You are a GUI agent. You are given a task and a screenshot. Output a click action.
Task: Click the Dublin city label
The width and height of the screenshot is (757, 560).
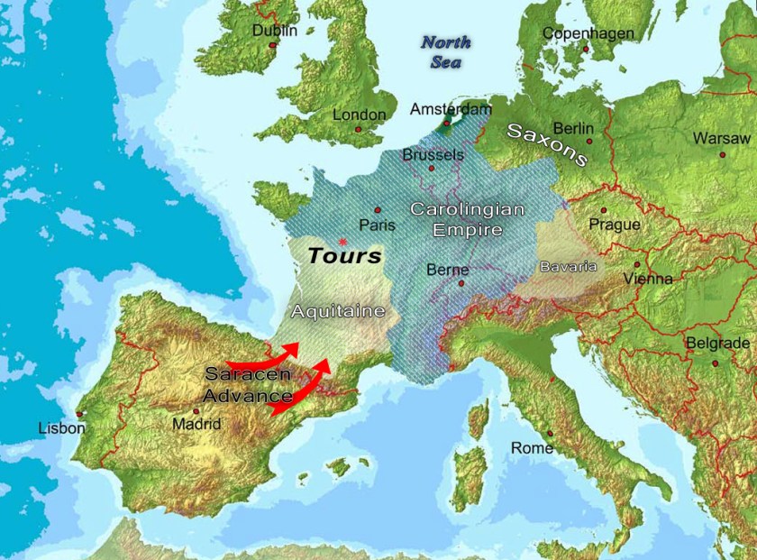274,30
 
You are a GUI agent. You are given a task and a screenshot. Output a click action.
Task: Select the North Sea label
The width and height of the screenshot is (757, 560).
446,52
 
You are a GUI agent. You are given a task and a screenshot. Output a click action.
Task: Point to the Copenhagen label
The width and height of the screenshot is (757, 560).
588,33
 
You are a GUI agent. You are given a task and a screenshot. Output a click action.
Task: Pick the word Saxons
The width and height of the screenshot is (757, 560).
547,144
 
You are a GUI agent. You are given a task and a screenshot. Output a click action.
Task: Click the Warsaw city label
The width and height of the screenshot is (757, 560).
721,138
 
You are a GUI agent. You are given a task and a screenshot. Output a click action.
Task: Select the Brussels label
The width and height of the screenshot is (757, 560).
433,154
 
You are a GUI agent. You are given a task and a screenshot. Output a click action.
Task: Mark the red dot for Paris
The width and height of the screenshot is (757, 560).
378,209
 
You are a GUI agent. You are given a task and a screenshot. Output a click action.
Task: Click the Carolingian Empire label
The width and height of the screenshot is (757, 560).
466,219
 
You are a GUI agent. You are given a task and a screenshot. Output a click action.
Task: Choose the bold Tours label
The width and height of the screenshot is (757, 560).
344,256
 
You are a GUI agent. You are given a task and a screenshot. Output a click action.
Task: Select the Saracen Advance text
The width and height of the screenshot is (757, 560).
248,384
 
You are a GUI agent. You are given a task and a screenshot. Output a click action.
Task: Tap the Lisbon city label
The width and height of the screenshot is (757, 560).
61,428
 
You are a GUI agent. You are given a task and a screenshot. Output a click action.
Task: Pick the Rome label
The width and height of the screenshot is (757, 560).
532,447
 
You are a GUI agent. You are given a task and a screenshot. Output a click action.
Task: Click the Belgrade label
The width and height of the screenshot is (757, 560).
717,344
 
